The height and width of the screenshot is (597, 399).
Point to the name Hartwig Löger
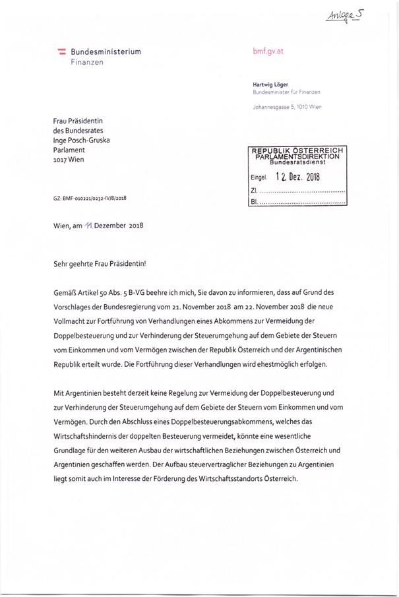coord(270,84)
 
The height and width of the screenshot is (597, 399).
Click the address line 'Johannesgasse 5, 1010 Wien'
coord(287,107)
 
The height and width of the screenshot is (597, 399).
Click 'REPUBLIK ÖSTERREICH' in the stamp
coord(297,151)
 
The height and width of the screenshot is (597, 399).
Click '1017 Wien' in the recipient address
coord(69,159)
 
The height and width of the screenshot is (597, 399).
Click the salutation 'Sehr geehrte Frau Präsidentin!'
coord(99,263)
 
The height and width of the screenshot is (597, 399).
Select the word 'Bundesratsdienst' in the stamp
coord(297,162)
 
